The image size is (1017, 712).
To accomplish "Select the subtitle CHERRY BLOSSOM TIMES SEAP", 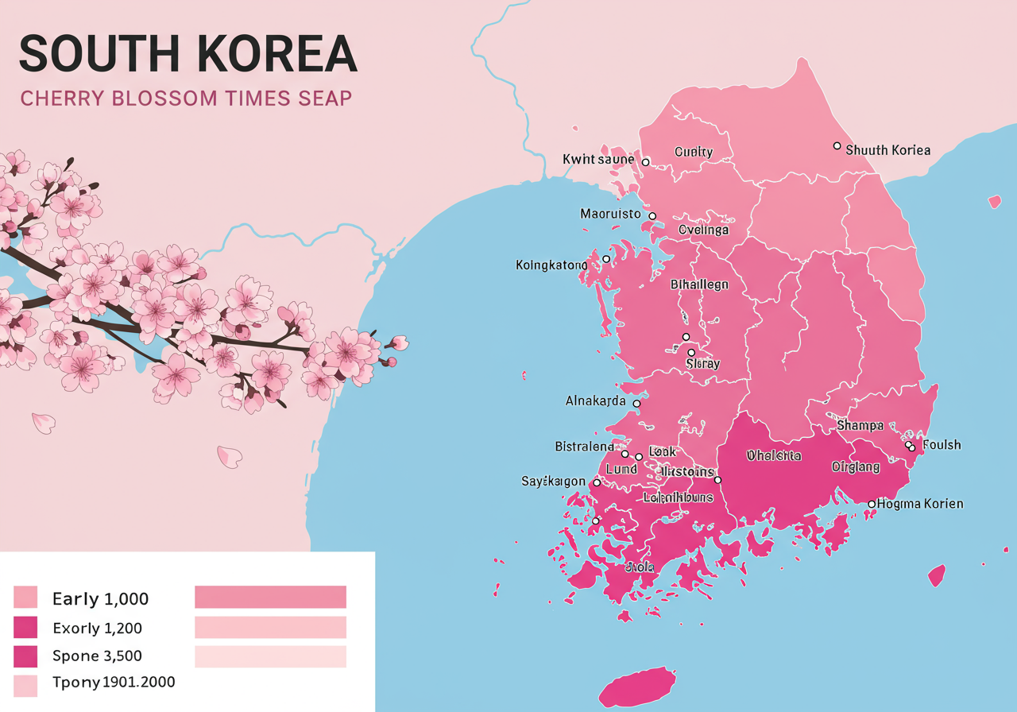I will (x=186, y=99).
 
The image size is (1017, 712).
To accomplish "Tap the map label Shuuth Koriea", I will (x=887, y=150).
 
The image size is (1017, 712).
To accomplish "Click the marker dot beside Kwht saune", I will (x=645, y=162).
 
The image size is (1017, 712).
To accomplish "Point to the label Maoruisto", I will (x=610, y=214).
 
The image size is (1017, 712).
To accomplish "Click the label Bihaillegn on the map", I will (x=699, y=284).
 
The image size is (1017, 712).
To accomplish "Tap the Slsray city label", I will (x=702, y=364).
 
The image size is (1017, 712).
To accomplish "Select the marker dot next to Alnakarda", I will (x=636, y=404).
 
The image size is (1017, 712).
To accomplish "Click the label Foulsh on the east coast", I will (x=942, y=445).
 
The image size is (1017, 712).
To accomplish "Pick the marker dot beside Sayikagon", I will (x=597, y=482).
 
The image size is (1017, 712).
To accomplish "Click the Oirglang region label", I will (x=856, y=467).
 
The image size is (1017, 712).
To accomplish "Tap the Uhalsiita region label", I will (x=774, y=456).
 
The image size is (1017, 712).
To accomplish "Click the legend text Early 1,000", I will (x=100, y=599).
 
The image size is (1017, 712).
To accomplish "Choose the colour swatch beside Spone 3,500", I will (x=25, y=656).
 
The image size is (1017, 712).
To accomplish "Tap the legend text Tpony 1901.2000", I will (x=114, y=682).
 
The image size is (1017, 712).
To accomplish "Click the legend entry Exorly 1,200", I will (x=97, y=629).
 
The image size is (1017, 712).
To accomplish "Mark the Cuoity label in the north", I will (x=694, y=152).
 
